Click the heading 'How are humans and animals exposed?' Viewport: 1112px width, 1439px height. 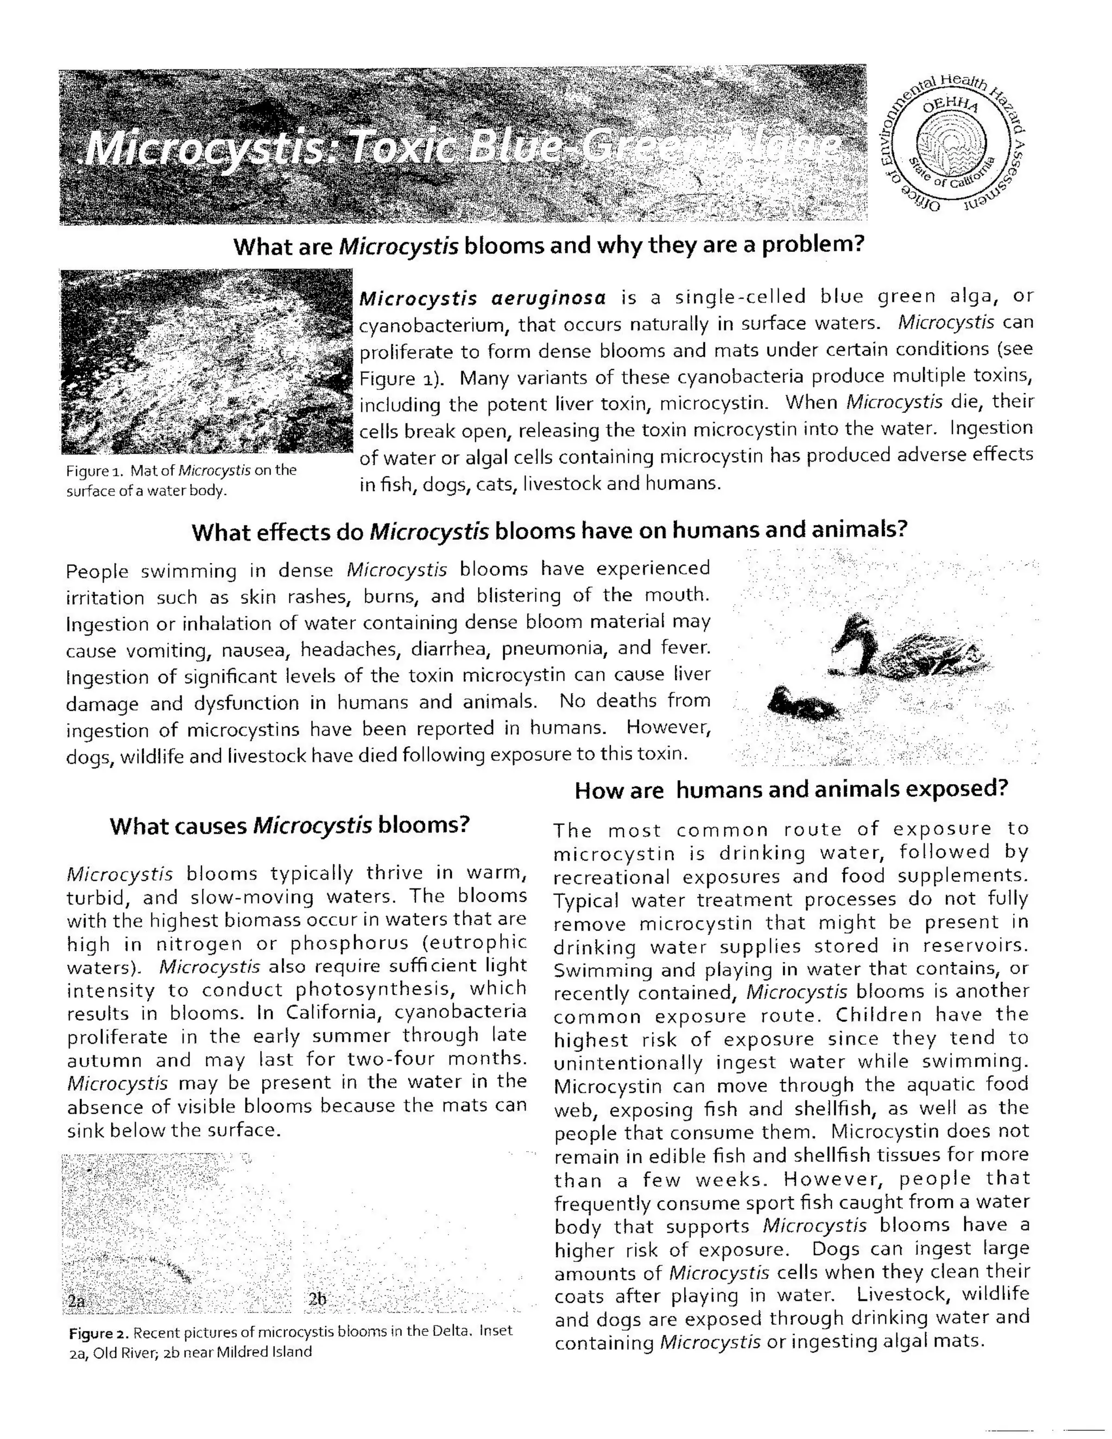[791, 790]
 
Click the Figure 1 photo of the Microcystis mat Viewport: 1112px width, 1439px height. [206, 361]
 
